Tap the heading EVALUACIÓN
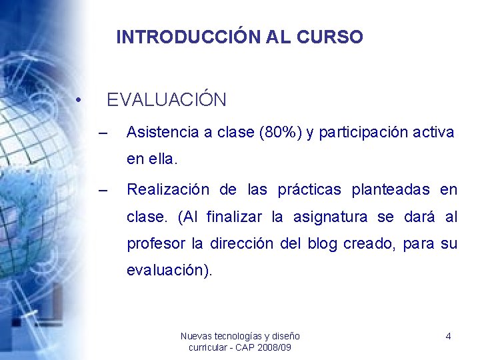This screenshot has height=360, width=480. click(x=167, y=100)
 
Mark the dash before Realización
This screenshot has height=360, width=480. click(x=102, y=190)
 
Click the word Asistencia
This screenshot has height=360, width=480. click(x=163, y=133)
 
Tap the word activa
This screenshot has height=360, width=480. click(x=434, y=133)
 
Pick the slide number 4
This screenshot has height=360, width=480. click(x=448, y=337)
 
